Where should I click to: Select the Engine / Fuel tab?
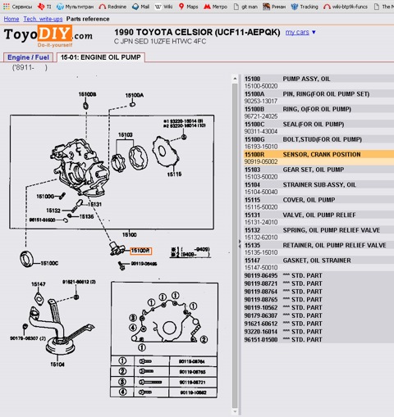tap(28, 57)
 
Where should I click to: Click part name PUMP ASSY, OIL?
tap(306, 79)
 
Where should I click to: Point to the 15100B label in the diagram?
tap(88, 94)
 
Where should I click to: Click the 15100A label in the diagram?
tap(135, 95)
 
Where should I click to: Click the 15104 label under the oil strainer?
tap(57, 363)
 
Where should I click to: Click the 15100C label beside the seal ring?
tap(48, 263)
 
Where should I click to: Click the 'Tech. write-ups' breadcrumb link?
tap(43, 17)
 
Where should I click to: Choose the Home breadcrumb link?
tap(11, 17)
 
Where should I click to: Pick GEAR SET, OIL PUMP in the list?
tap(313, 169)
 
